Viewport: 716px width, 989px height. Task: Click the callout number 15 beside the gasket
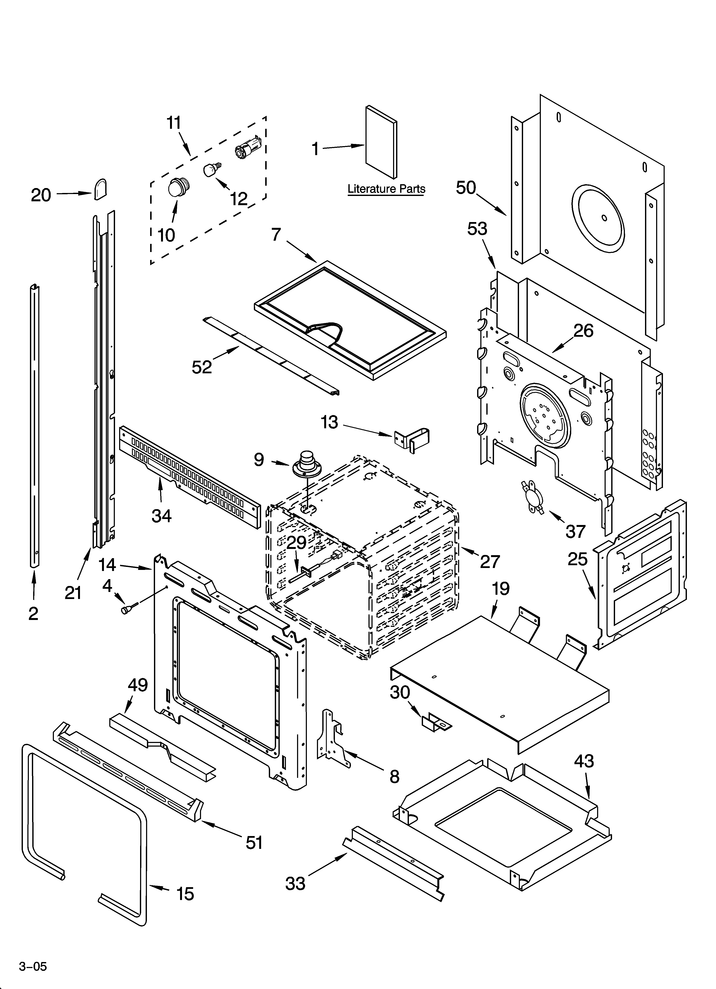(185, 894)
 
